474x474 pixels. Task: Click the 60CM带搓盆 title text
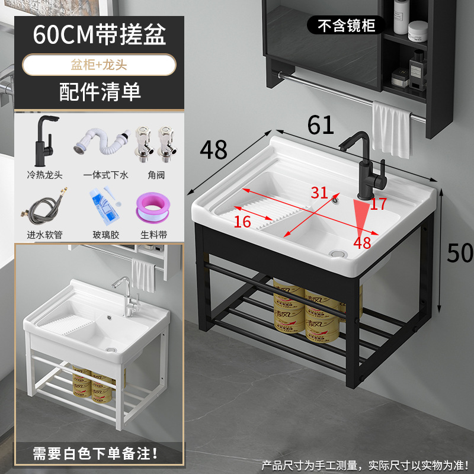[x=100, y=35]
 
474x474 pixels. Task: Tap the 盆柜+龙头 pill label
[x=100, y=65]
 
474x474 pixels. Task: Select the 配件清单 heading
[x=100, y=92]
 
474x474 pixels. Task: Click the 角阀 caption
[x=152, y=175]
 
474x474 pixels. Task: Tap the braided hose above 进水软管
[x=44, y=207]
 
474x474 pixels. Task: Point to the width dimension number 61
[x=320, y=125]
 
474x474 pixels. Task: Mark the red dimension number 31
[x=319, y=193]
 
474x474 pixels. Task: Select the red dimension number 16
[x=242, y=222]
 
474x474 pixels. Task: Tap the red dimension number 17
[x=379, y=204]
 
